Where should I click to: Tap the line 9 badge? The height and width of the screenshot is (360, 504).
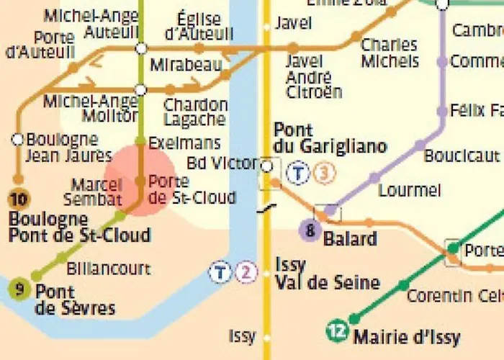coord(19,289)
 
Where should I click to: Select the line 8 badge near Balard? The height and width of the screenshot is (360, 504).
coord(310,231)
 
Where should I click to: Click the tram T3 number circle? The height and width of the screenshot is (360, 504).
coord(325,173)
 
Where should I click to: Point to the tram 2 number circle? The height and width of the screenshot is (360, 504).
coord(246,272)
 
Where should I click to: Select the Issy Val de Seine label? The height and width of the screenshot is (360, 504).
coord(327,274)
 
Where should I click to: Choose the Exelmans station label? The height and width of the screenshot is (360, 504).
coord(184,144)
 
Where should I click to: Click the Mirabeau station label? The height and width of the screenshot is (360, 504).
coord(186,66)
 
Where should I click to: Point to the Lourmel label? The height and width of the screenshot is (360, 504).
coord(409,191)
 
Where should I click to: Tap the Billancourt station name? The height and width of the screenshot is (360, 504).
coord(108,269)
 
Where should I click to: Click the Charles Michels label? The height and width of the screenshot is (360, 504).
coord(390,53)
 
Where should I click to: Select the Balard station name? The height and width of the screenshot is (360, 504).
coord(351,238)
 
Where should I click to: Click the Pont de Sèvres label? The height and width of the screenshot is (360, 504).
coord(75,300)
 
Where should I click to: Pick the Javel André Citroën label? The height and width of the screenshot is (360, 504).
coord(314,76)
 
